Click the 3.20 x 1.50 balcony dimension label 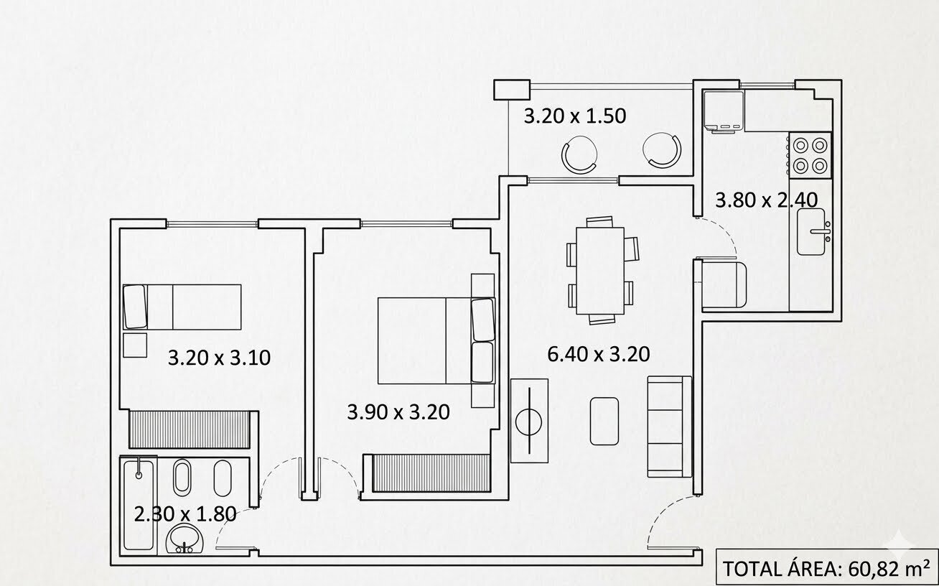(x=575, y=116)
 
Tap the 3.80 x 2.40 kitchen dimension (x=766, y=200)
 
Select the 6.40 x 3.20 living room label (x=599, y=354)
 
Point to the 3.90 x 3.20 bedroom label (x=398, y=412)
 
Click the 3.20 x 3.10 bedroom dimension (x=219, y=358)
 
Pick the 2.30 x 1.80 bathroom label (x=185, y=514)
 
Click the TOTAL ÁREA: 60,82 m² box (x=826, y=569)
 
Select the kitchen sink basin (x=811, y=232)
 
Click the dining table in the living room (x=600, y=271)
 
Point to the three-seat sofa (x=669, y=427)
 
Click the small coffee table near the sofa (x=604, y=421)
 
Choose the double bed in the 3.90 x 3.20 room (x=436, y=340)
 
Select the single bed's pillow (x=135, y=307)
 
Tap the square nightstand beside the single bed (x=135, y=345)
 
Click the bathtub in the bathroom (x=139, y=506)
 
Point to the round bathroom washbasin (x=185, y=538)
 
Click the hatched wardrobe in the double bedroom (x=431, y=473)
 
